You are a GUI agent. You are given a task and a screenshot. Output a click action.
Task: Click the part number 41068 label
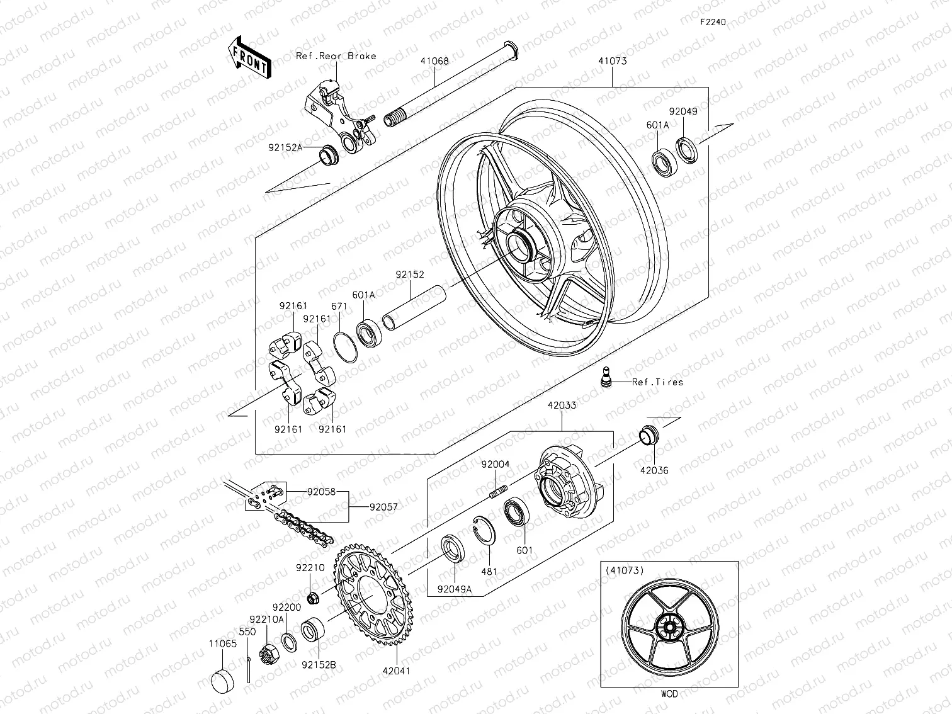pos(434,61)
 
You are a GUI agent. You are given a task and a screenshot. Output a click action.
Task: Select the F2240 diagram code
pos(713,21)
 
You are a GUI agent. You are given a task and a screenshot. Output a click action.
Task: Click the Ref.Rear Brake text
pos(336,56)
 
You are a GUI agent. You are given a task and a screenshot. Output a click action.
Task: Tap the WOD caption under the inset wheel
pos(669,694)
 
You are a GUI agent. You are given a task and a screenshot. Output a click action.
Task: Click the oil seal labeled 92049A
pos(453,548)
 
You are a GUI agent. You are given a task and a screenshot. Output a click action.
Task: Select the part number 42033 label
pos(561,405)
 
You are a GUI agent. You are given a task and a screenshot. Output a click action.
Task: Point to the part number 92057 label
pos(383,506)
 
